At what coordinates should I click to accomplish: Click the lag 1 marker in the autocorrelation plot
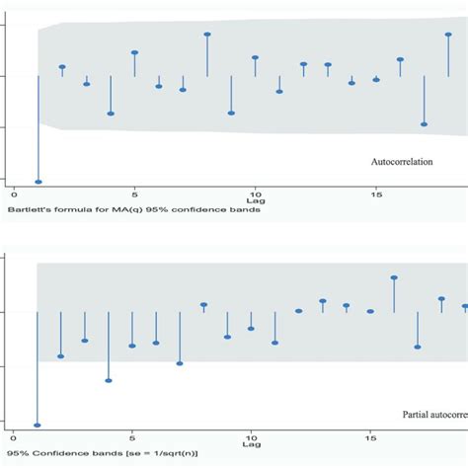coord(39,182)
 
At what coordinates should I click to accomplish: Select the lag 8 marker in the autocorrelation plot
coord(207,35)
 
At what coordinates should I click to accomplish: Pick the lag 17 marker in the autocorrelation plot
coord(424,124)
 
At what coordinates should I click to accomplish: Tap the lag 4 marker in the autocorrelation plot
coord(111,114)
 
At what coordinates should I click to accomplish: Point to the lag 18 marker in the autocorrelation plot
coord(448,35)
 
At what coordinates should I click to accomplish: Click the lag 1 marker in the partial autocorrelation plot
coord(38,425)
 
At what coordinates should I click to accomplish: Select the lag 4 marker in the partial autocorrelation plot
coord(109,380)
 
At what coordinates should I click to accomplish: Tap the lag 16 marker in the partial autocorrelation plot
coord(394,277)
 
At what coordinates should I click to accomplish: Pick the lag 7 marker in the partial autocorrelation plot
coord(180,363)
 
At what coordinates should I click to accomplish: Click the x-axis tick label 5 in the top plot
coord(134,195)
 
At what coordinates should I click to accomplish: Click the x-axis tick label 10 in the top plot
coord(255,195)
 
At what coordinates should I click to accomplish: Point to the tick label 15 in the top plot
coord(375,195)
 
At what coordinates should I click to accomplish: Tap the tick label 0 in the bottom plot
coord(14,436)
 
